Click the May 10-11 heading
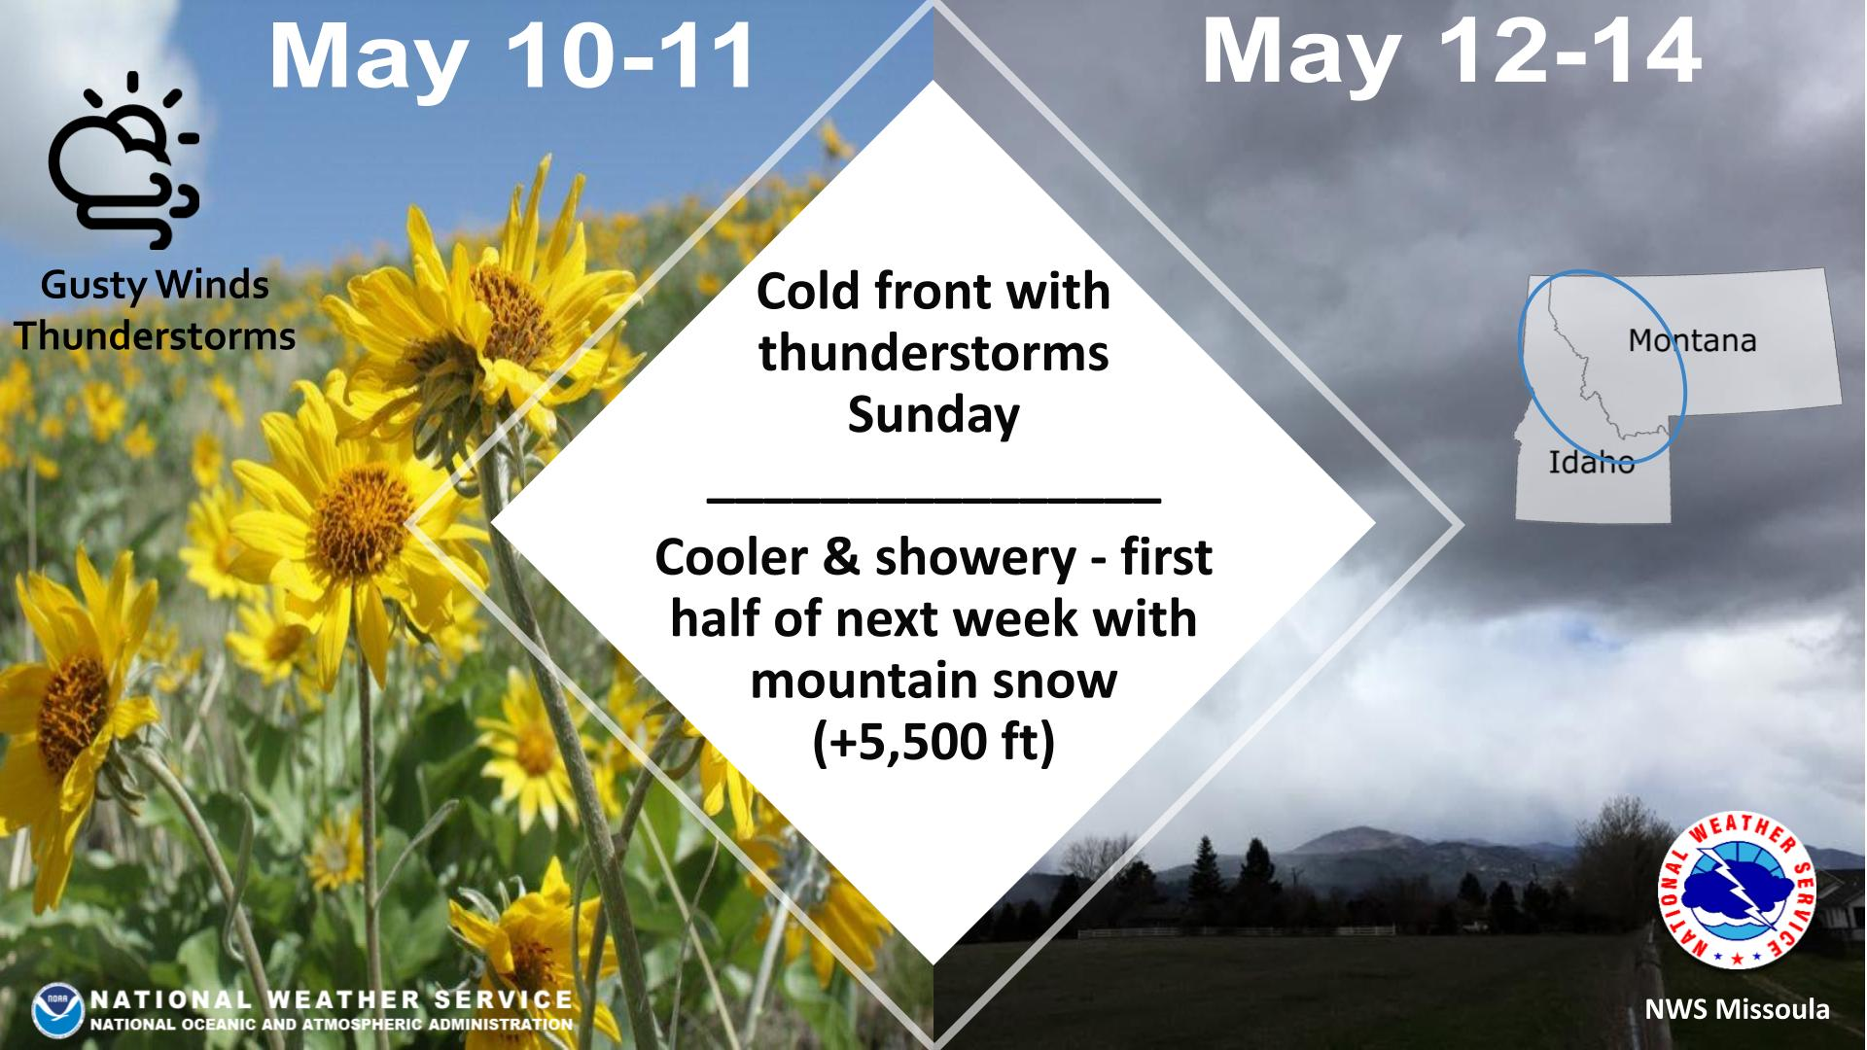tap(512, 56)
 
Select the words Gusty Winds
tap(155, 286)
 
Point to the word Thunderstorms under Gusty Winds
tap(155, 336)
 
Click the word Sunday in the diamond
tap(933, 415)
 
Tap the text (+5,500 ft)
tap(933, 743)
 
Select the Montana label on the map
tap(1692, 340)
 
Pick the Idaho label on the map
tap(1592, 461)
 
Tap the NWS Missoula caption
tap(1737, 1010)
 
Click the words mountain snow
tap(933, 681)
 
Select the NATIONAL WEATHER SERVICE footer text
tap(331, 999)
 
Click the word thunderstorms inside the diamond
tap(933, 353)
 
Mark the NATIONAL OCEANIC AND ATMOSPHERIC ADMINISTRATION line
tap(331, 1024)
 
